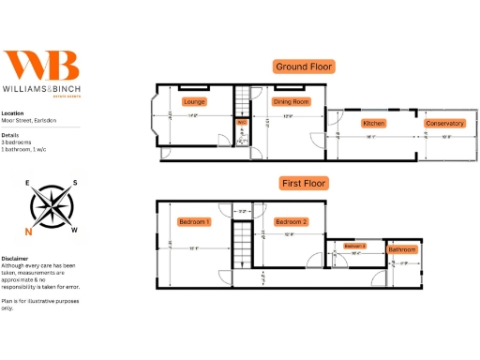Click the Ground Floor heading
pyautogui.click(x=303, y=67)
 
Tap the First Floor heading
pyautogui.click(x=303, y=183)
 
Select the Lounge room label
pyautogui.click(x=194, y=101)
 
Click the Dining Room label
pyautogui.click(x=291, y=101)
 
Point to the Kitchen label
pyautogui.click(x=374, y=124)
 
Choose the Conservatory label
pyautogui.click(x=444, y=124)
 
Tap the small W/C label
pyautogui.click(x=241, y=122)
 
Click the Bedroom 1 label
pyautogui.click(x=194, y=222)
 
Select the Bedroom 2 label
pyautogui.click(x=292, y=222)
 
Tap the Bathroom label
pyautogui.click(x=403, y=250)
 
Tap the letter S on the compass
pyautogui.click(x=75, y=184)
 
